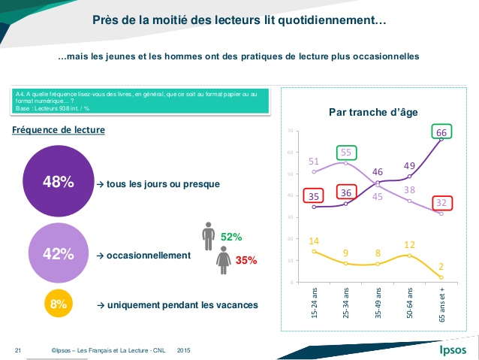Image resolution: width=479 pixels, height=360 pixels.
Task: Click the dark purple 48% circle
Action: pos(58,182)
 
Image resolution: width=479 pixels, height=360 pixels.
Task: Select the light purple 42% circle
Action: pos(58,254)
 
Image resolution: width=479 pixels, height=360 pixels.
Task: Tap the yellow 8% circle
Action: pos(58,304)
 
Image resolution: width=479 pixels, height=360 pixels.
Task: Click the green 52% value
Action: pos(231,237)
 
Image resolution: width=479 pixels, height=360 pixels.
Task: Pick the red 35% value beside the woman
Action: pos(246,261)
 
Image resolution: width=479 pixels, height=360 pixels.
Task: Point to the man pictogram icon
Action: pos(208,235)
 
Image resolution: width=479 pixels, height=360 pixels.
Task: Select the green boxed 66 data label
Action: pos(441,132)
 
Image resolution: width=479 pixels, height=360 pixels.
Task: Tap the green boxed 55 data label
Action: pos(347,152)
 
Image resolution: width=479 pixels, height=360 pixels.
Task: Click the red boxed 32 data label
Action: pos(441,202)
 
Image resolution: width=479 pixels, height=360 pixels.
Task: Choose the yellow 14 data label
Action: pos(315,241)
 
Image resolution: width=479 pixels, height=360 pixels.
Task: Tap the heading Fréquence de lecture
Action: pos(59,130)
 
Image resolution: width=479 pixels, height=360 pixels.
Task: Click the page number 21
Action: pos(17,350)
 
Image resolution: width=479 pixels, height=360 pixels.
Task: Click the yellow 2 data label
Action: pos(441,266)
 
